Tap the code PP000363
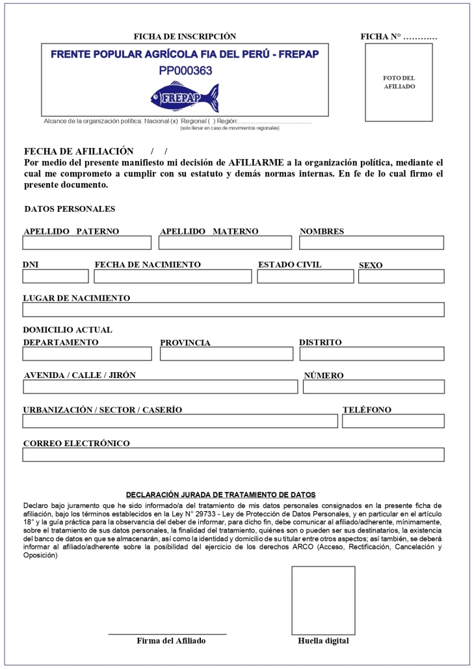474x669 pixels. (185, 70)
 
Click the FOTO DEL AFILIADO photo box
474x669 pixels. (399, 82)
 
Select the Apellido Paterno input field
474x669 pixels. (86, 243)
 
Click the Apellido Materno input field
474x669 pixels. (225, 243)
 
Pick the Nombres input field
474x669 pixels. (371, 243)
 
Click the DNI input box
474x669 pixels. (55, 277)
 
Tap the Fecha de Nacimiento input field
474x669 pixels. (172, 277)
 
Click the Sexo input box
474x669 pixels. (401, 277)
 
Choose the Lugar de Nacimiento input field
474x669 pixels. (233, 310)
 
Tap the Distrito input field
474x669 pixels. (371, 354)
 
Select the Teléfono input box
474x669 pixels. (393, 421)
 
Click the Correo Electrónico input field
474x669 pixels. (233, 455)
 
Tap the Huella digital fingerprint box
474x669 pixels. (323, 600)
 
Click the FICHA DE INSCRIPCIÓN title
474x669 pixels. (185, 36)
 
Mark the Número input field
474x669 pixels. (373, 387)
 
